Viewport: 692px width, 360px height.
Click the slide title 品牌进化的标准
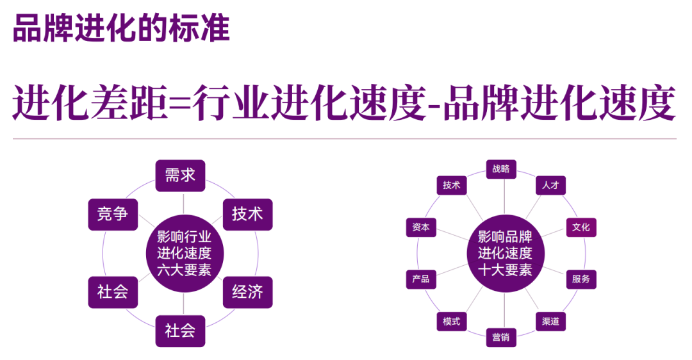tap(121, 28)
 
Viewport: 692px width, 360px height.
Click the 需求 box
tap(180, 176)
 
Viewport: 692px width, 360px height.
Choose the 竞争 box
tap(113, 215)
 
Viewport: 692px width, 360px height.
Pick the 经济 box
tap(247, 292)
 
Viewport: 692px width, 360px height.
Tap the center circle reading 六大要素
tap(185, 253)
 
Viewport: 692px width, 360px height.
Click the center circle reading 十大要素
tap(506, 253)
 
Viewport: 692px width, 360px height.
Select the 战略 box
tap(501, 169)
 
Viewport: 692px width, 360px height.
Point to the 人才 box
tap(551, 185)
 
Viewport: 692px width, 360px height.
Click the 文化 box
tap(581, 227)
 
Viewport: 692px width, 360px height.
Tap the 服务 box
tap(581, 279)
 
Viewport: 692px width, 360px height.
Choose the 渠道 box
tap(551, 322)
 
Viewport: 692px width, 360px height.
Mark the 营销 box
tap(501, 338)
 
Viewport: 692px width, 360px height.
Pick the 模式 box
tap(452, 322)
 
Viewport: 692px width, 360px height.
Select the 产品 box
tap(421, 279)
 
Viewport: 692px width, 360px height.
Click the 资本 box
tap(421, 227)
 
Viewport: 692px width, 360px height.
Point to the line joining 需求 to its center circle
tap(184, 203)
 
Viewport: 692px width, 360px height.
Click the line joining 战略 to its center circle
tap(504, 197)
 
